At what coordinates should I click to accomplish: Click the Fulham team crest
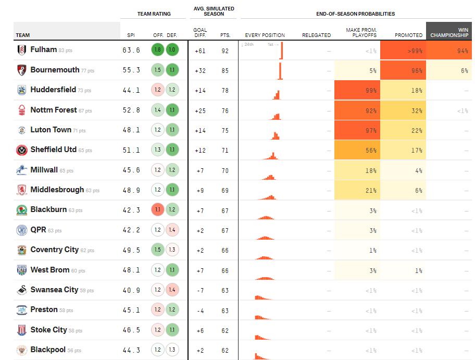pos(21,50)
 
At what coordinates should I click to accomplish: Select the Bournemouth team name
pos(55,70)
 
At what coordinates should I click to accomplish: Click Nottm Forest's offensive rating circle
pos(158,110)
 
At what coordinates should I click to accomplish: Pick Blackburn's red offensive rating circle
pos(158,210)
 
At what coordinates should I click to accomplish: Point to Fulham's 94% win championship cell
pos(449,51)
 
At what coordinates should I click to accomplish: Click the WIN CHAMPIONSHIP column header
pos(449,32)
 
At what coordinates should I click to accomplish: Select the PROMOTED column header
pos(408,35)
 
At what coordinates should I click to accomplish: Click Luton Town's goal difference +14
pos(200,130)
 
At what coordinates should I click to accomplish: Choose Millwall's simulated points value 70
pos(225,170)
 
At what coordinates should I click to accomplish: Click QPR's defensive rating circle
pos(172,230)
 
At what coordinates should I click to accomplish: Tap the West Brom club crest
pos(21,270)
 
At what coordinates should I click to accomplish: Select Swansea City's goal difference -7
pos(200,290)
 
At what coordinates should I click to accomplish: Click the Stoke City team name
pos(48,330)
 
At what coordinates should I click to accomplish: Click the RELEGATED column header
pos(316,35)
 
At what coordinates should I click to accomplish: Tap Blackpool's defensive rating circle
pos(172,350)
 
